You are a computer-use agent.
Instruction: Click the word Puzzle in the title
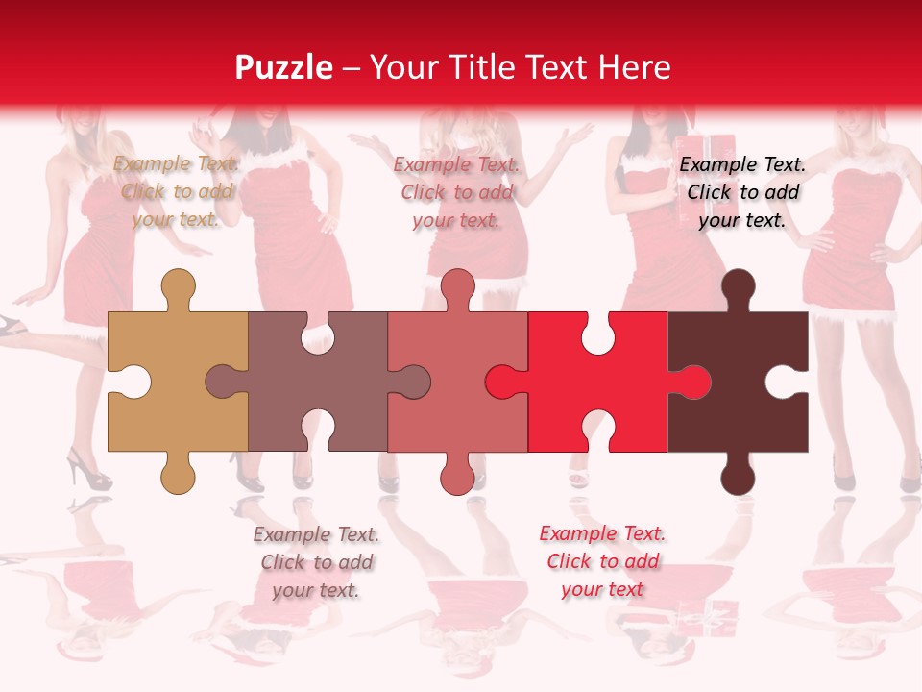(284, 67)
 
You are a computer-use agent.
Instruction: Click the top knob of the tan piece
(178, 287)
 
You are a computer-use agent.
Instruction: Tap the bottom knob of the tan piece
(178, 476)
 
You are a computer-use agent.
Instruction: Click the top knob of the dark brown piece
(738, 287)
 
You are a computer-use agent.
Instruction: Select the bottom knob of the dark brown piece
(738, 476)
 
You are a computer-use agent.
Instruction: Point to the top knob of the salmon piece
(457, 287)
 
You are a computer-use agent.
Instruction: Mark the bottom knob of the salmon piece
(457, 476)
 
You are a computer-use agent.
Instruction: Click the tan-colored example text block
(177, 191)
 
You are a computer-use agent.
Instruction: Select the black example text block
(742, 192)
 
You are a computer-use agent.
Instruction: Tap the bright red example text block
(602, 561)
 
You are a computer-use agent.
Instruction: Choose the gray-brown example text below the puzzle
(316, 562)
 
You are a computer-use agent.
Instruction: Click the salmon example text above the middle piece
(456, 192)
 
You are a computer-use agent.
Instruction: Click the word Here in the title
(634, 67)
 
